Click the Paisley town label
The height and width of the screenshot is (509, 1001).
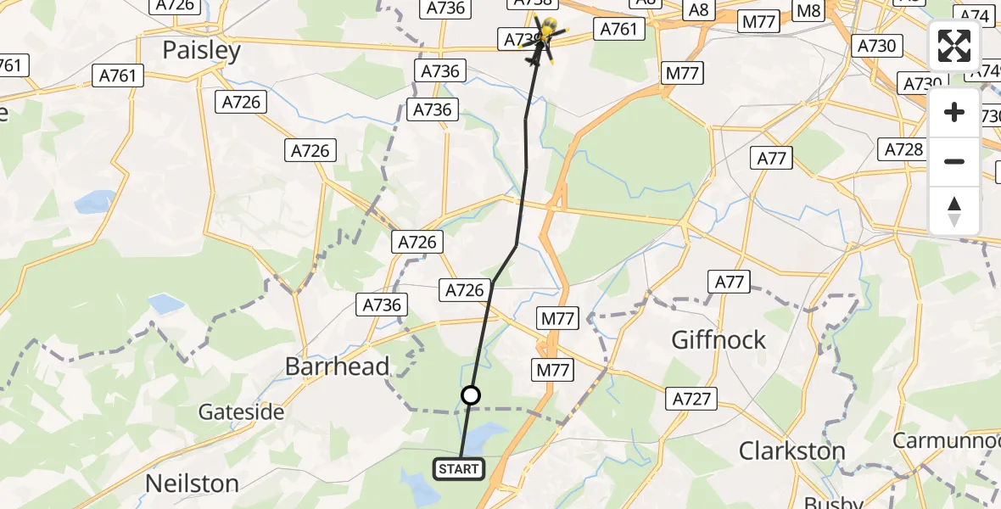[202, 51]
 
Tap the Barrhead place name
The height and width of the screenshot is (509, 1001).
[338, 366]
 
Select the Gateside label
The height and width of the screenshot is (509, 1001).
[241, 412]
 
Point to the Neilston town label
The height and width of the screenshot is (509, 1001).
[192, 484]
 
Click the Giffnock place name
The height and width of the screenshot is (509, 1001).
[719, 340]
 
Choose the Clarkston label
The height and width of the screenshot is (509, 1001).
[792, 450]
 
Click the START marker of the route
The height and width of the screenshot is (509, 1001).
[460, 468]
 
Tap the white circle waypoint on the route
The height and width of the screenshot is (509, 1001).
[471, 395]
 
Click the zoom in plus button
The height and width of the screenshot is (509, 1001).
[954, 112]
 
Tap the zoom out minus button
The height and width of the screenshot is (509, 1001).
[954, 161]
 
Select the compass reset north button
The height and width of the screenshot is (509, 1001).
[954, 210]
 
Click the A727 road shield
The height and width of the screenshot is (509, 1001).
[693, 399]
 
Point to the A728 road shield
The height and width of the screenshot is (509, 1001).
[903, 150]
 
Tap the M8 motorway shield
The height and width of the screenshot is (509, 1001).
[810, 11]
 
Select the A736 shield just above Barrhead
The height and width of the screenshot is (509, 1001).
[383, 305]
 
